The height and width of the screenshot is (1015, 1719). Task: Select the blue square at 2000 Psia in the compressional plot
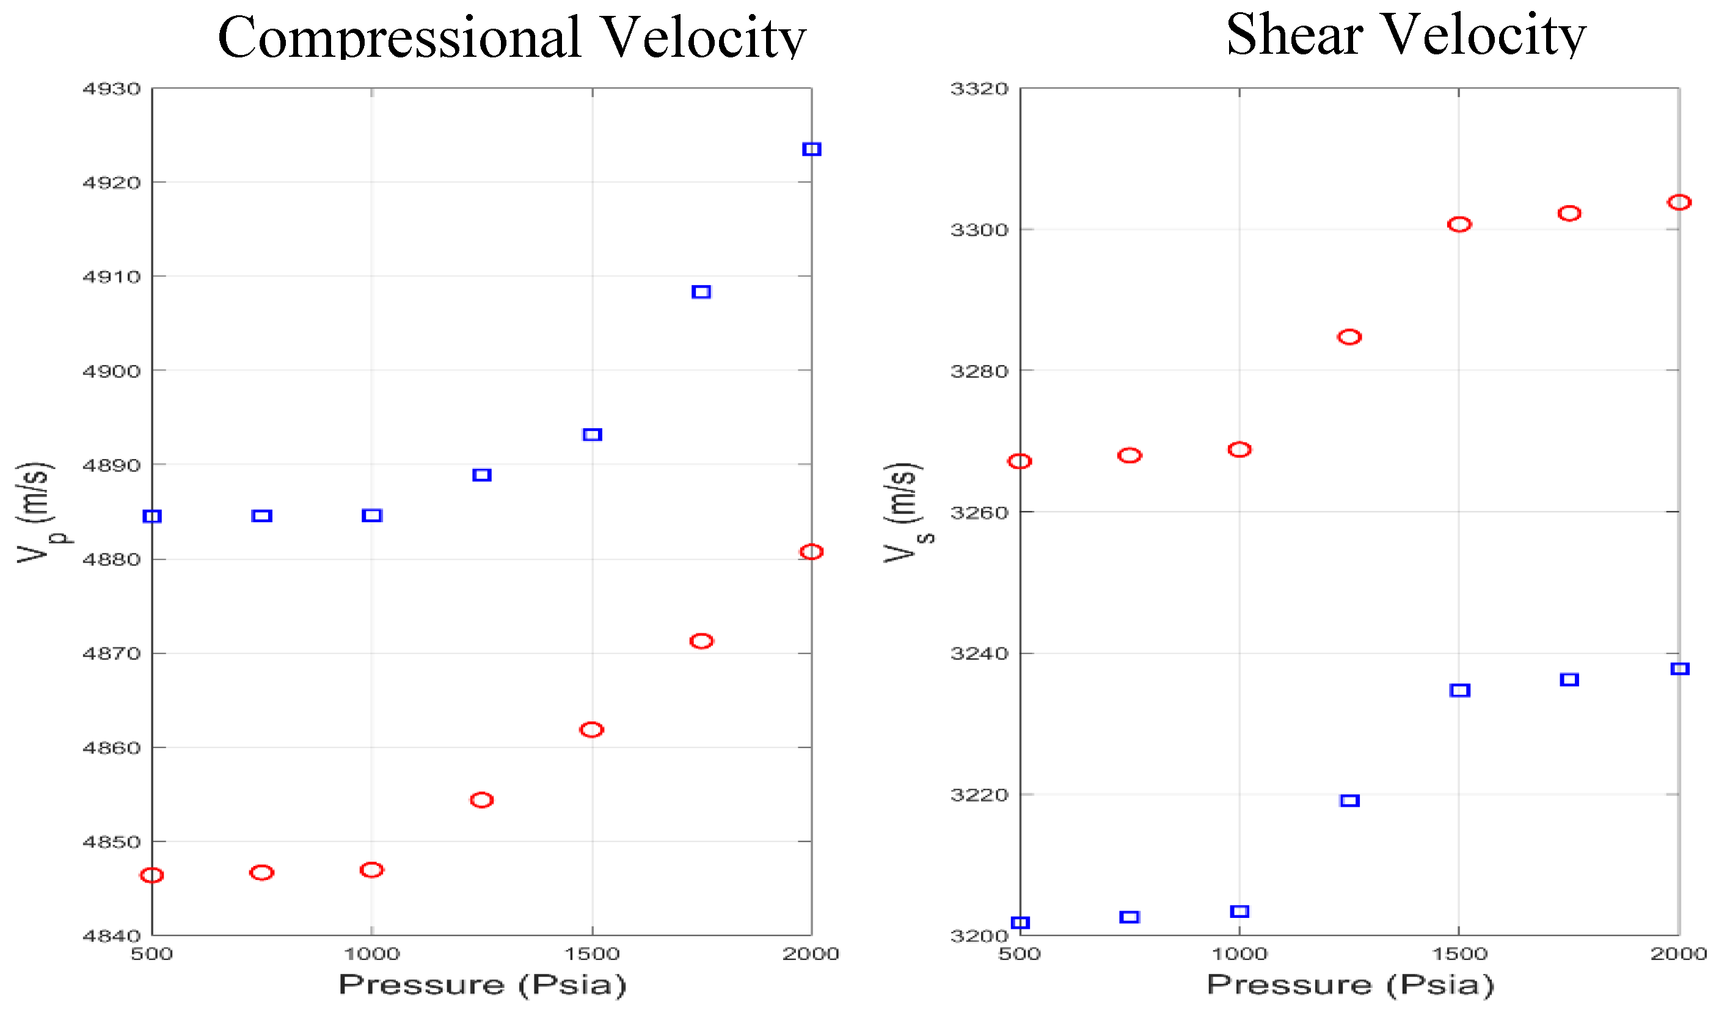[811, 149]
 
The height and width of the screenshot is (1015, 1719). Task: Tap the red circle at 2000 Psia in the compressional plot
[811, 552]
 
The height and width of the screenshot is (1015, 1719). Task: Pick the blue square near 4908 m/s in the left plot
[701, 292]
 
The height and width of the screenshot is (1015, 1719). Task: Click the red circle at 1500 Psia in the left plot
[592, 730]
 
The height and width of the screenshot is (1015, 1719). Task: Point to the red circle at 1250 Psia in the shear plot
[1349, 337]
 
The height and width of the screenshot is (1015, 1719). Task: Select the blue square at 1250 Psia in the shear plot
[1349, 800]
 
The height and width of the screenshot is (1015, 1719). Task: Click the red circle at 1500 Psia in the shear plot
[1459, 224]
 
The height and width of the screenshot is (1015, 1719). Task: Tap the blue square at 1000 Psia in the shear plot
[1239, 912]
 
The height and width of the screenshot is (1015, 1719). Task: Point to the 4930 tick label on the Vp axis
[112, 89]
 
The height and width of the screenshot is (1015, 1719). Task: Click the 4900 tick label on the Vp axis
[112, 371]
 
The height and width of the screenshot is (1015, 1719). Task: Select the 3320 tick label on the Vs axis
[980, 89]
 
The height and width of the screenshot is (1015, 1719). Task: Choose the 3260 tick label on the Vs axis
[980, 513]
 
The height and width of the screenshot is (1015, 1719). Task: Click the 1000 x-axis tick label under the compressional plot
[371, 954]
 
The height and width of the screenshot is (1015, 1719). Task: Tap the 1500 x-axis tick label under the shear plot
[1459, 954]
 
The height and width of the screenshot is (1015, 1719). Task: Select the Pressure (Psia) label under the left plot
[482, 986]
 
